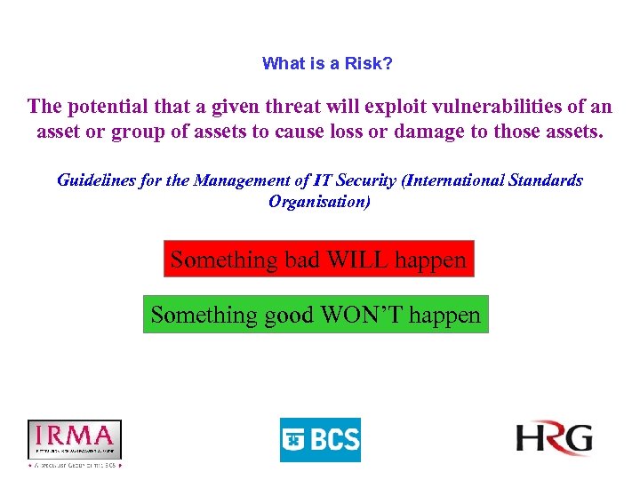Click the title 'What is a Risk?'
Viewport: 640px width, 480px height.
[x=327, y=64]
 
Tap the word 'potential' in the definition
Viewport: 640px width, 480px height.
[x=110, y=108]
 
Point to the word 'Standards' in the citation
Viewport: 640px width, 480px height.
[x=546, y=180]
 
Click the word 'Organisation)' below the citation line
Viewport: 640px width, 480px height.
[x=320, y=202]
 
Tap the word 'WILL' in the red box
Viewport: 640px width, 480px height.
[x=358, y=260]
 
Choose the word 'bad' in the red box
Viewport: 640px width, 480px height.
[x=302, y=260]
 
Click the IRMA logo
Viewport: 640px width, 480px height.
[x=75, y=441]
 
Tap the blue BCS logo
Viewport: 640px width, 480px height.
[x=320, y=440]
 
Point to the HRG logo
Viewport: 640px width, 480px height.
[x=555, y=439]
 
